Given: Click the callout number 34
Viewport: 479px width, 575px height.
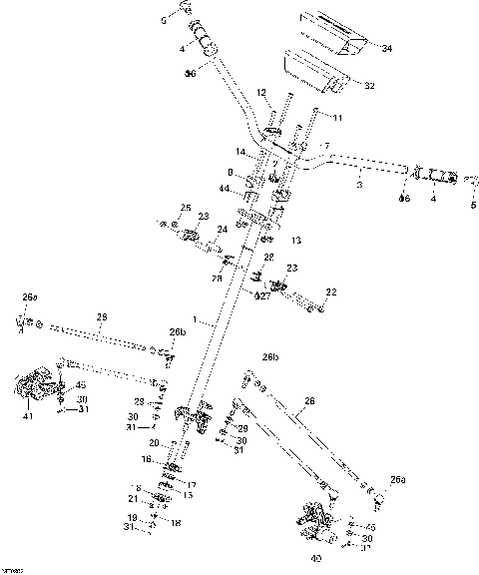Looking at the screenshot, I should pos(387,48).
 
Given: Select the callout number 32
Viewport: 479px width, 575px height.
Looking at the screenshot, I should pos(368,86).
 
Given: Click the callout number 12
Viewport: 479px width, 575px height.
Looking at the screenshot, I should pos(261,93).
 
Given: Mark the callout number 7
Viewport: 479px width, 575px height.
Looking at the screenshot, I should pos(325,147).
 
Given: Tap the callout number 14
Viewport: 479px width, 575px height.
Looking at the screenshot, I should pos(240,152).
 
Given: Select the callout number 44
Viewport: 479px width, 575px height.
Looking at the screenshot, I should pos(226,188).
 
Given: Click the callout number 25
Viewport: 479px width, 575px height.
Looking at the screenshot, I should pos(185,207).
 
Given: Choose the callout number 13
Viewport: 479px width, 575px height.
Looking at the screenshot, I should pos(295,241).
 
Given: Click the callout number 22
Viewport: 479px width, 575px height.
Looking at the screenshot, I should pos(331,291).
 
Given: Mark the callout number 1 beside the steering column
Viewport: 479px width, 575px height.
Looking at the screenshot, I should pos(201,322).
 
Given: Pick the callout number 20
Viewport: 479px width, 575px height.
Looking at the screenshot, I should pos(154,442).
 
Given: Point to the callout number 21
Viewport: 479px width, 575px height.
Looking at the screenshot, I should pos(132,498).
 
